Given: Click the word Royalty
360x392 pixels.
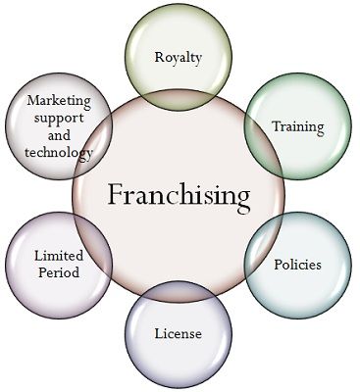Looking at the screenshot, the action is pyautogui.click(x=179, y=57).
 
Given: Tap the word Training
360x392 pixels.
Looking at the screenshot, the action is pyautogui.click(x=297, y=126).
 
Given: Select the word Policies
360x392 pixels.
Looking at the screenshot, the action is pyautogui.click(x=297, y=265).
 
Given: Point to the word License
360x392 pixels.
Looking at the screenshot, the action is pyautogui.click(x=179, y=334).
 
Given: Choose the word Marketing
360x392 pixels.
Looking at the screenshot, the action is pyautogui.click(x=60, y=100).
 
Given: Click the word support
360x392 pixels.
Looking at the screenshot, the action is pyautogui.click(x=60, y=118).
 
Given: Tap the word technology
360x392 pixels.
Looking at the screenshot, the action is pyautogui.click(x=60, y=153).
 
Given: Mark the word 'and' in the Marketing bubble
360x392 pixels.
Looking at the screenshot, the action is pyautogui.click(x=60, y=135).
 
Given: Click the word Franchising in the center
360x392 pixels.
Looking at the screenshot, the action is pyautogui.click(x=179, y=194).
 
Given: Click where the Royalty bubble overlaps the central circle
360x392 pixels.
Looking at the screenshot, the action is pyautogui.click(x=179, y=95).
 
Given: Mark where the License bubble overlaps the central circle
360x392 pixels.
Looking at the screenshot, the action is pyautogui.click(x=179, y=295).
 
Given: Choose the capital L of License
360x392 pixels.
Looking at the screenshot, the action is pyautogui.click(x=158, y=333).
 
